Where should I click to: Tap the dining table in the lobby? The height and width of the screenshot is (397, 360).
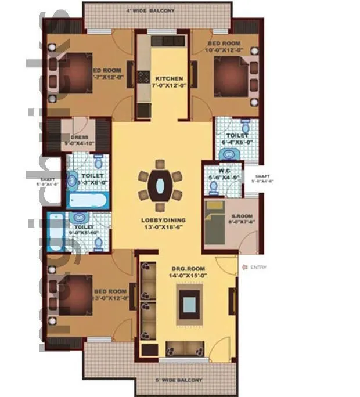tap(160, 185)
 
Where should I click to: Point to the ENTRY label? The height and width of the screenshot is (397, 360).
tap(258, 267)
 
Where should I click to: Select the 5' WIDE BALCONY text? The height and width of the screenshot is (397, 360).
tap(179, 380)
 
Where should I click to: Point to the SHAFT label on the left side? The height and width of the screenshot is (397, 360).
tap(49, 180)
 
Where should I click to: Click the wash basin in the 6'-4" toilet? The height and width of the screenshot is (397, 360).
tap(229, 153)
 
